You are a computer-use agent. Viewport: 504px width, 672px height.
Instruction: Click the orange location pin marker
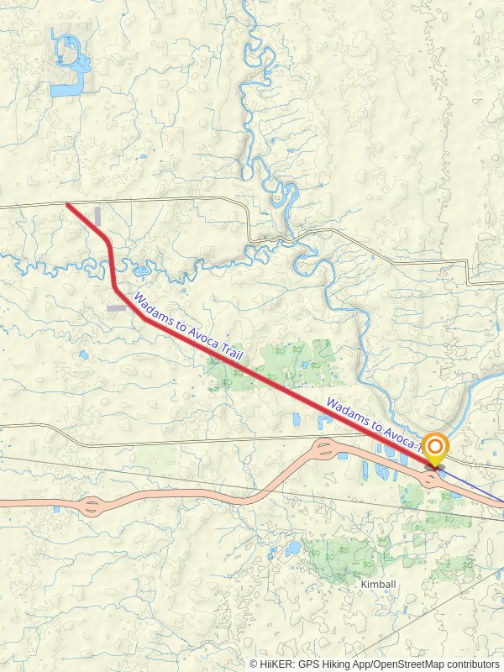click(435, 447)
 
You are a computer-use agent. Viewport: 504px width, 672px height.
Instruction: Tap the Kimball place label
click(376, 583)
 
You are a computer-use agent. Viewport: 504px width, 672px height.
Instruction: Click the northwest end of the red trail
click(68, 204)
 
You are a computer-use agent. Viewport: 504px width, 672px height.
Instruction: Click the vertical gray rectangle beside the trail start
click(98, 216)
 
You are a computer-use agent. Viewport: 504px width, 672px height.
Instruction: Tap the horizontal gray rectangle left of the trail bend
click(117, 308)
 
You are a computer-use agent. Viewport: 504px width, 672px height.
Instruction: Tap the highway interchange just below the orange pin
click(431, 480)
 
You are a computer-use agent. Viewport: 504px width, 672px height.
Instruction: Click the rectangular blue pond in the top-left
click(65, 88)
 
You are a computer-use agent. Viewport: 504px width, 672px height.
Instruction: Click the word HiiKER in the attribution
click(276, 664)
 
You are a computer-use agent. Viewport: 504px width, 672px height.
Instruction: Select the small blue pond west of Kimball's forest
click(291, 549)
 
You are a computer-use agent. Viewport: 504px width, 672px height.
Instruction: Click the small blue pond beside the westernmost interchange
click(56, 509)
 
